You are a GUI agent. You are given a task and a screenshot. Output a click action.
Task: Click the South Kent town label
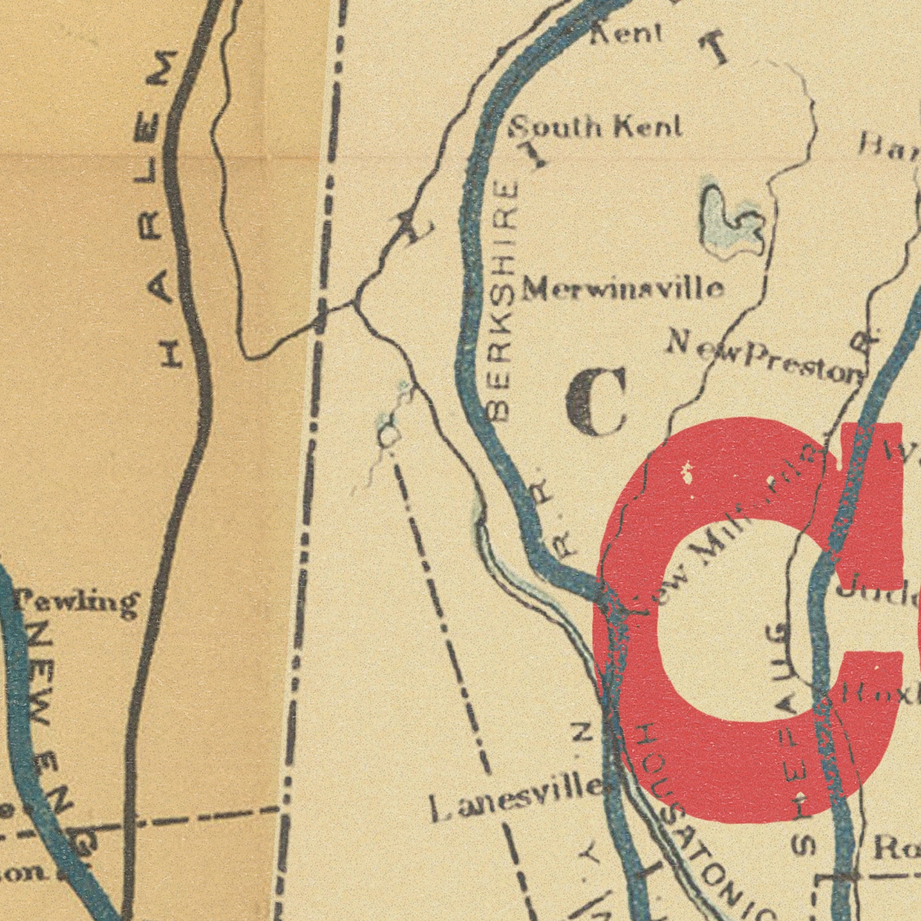click(596, 127)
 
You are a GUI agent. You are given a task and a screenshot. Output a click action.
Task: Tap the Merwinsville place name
click(623, 290)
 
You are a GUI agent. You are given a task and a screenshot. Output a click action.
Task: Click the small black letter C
click(597, 402)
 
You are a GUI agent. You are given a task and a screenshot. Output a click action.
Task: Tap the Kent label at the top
click(626, 33)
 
